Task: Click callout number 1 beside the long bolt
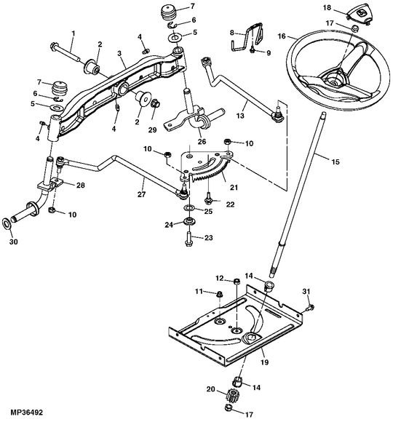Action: point(73,33)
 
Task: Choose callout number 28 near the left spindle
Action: point(79,186)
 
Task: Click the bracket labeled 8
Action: point(250,36)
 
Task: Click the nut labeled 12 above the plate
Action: point(237,281)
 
